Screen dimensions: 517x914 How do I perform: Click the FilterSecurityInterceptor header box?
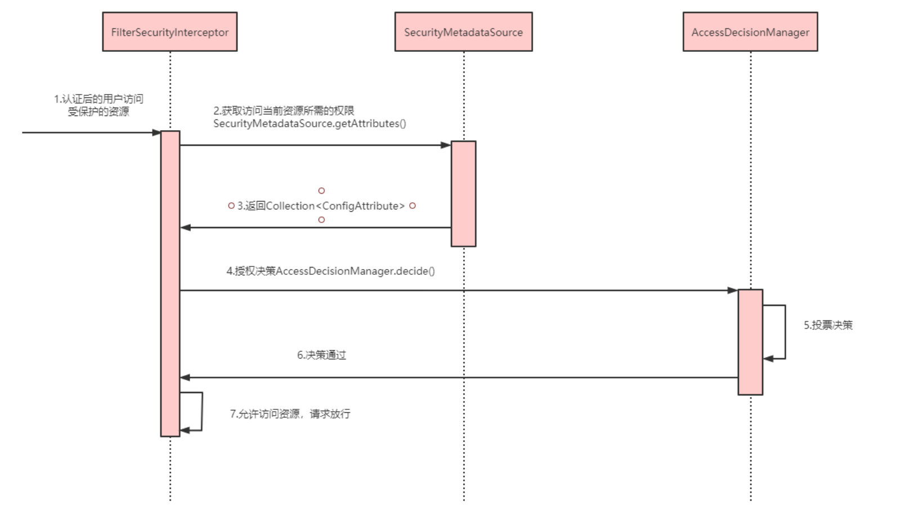click(x=169, y=32)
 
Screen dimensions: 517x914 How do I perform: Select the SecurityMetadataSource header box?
click(x=463, y=32)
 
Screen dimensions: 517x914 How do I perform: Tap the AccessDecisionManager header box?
click(x=750, y=32)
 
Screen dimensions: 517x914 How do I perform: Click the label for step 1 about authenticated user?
click(x=98, y=105)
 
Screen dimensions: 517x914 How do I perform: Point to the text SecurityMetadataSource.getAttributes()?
click(x=310, y=124)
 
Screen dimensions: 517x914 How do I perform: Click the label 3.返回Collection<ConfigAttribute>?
click(x=321, y=206)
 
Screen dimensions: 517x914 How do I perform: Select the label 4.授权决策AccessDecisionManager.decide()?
click(x=330, y=271)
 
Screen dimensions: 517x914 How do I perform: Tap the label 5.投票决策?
click(x=828, y=326)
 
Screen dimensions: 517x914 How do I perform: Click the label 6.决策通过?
click(x=321, y=355)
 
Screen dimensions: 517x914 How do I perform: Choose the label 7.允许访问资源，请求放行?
click(x=290, y=414)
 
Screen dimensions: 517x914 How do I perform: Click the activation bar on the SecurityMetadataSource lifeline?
click(x=463, y=194)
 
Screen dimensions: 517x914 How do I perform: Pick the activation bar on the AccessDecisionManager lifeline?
click(x=750, y=342)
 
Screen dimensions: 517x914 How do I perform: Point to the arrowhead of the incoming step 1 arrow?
click(x=156, y=133)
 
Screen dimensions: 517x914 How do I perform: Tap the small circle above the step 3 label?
click(x=321, y=191)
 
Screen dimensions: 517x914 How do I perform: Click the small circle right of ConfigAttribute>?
click(x=413, y=206)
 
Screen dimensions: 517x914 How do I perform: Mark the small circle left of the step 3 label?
click(x=231, y=206)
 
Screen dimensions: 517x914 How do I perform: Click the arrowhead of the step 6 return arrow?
click(x=185, y=377)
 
